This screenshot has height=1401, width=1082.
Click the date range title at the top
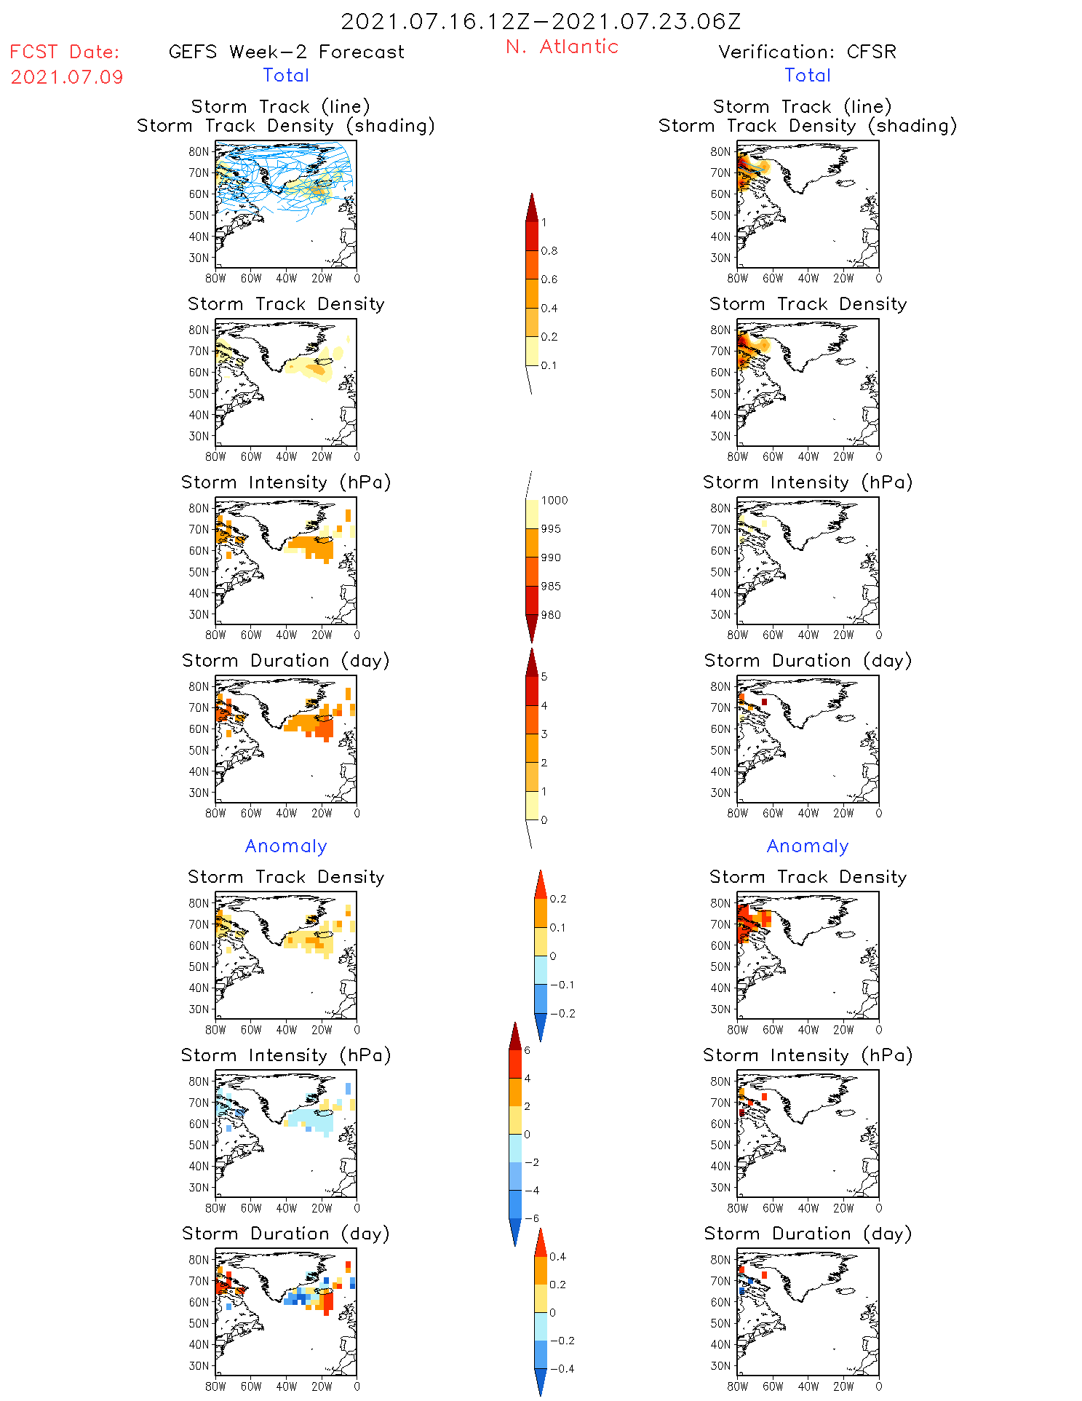(541, 21)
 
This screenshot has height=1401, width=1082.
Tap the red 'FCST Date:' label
(64, 52)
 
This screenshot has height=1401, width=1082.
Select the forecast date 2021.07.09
(67, 77)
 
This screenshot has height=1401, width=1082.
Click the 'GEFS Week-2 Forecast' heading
(286, 52)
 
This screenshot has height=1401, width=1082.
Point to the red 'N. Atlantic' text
(562, 47)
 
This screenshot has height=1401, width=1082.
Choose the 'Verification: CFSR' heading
(807, 52)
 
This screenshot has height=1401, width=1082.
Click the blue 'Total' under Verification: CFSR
(807, 75)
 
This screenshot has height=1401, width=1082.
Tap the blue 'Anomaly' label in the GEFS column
(286, 846)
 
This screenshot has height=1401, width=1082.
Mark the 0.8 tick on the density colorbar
(549, 251)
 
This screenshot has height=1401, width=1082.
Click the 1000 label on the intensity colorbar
(554, 501)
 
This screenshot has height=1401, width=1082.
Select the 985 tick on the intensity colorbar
(551, 587)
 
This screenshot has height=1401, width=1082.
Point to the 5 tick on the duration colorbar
(544, 677)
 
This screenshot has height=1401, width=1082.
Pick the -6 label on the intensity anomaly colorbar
(531, 1218)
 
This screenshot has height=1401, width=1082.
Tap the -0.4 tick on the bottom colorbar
(562, 1368)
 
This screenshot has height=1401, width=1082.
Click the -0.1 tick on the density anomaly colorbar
(562, 985)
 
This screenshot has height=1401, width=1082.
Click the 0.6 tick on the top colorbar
(549, 279)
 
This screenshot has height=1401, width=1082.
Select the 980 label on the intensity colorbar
(551, 615)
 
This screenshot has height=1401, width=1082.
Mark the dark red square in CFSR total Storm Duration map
(764, 702)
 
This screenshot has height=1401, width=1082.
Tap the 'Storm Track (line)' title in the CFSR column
(802, 106)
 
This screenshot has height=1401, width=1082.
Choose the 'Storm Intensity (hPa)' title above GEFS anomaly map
(286, 1055)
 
